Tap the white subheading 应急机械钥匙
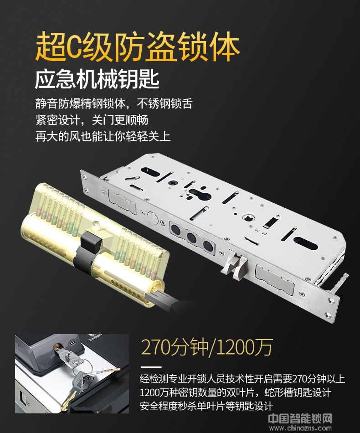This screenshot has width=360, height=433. [97, 81]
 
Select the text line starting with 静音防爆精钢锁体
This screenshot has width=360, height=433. [113, 103]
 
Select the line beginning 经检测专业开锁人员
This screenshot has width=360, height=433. [242, 379]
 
